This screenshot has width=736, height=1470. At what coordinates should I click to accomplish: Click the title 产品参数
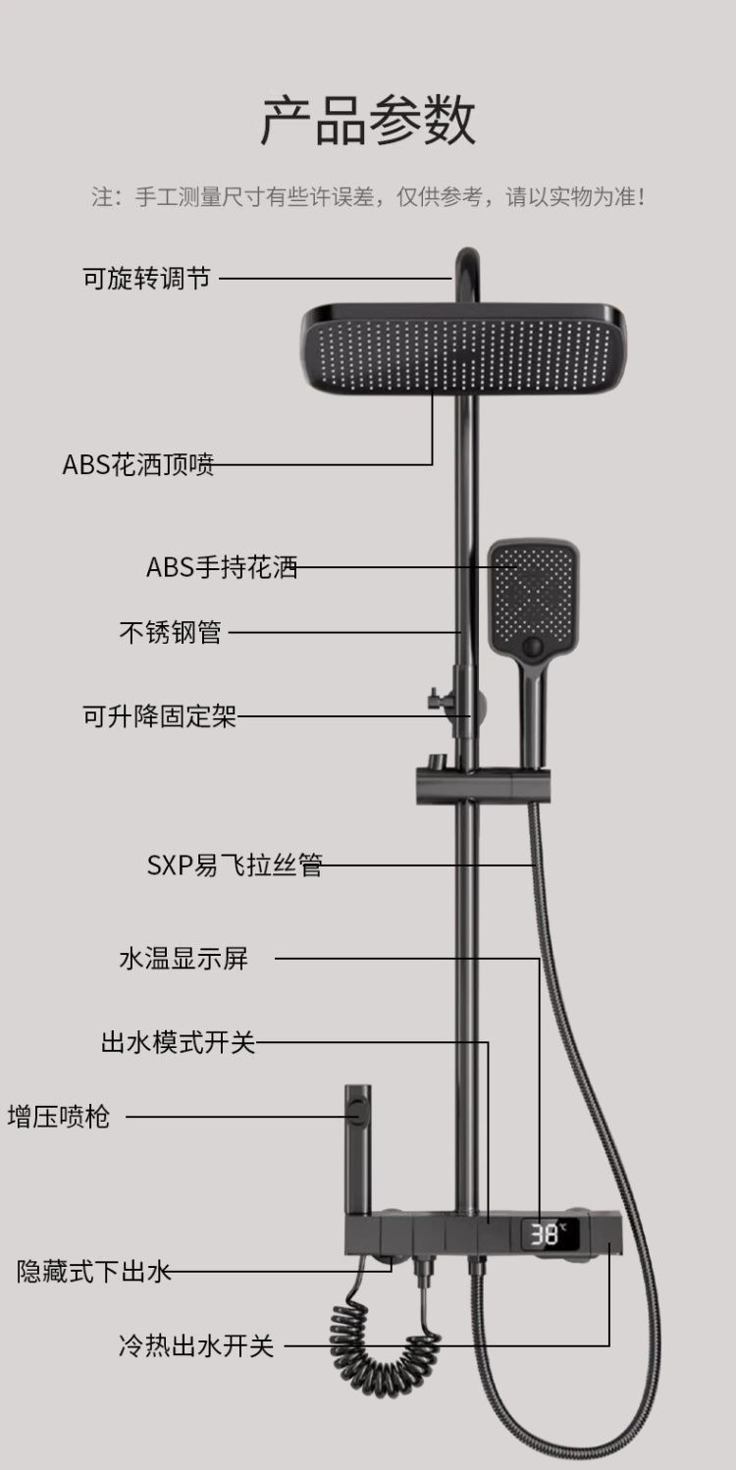click(x=368, y=121)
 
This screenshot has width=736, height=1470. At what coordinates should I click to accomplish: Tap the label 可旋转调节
click(x=146, y=278)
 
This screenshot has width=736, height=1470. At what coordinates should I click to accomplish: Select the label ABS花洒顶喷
click(x=138, y=464)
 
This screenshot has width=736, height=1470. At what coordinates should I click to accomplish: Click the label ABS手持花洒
click(x=222, y=567)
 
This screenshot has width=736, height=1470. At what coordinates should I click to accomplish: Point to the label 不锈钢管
click(x=170, y=633)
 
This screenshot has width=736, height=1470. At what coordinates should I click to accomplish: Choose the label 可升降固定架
click(x=160, y=716)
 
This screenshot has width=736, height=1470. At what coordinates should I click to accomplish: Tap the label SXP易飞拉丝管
click(x=235, y=866)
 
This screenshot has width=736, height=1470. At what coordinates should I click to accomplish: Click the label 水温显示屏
click(x=184, y=959)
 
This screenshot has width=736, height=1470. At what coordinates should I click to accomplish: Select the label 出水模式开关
click(x=178, y=1042)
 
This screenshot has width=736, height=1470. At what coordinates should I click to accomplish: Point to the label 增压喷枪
click(x=59, y=1116)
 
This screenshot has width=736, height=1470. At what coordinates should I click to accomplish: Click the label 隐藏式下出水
click(x=94, y=1272)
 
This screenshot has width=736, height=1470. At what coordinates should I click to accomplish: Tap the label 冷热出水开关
click(x=195, y=1345)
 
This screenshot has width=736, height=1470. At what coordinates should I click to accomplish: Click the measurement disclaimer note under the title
click(x=368, y=196)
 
